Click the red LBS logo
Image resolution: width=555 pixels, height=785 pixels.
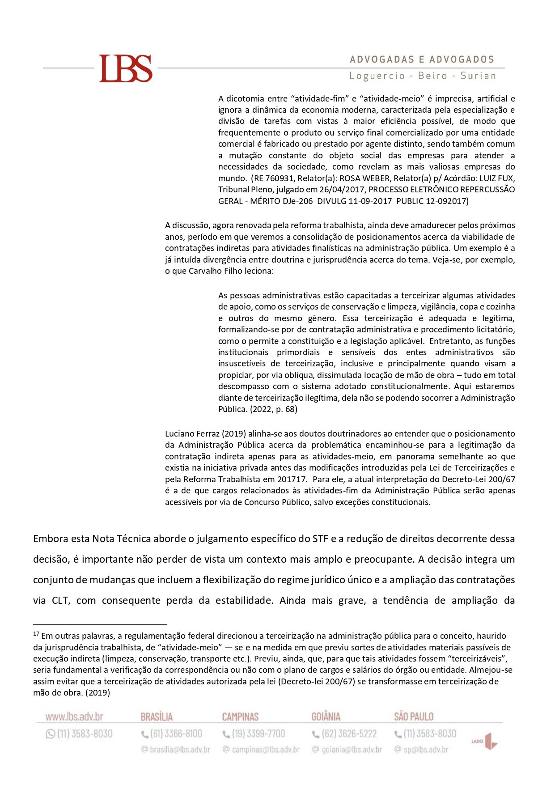tap(126, 68)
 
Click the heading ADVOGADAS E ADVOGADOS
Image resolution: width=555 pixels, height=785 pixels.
tap(422, 59)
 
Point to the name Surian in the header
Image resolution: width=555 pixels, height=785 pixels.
tap(478, 76)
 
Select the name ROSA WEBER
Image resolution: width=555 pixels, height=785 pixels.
tap(364, 178)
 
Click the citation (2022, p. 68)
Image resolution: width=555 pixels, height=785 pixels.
tap(273, 409)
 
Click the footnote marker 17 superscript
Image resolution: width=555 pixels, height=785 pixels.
tap(36, 634)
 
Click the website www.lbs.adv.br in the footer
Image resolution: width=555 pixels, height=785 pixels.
tap(74, 717)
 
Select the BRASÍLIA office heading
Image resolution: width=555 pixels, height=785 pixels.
tap(157, 717)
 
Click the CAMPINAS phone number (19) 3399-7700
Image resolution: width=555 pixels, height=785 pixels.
tap(258, 734)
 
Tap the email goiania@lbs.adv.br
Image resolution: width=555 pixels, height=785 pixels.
tap(352, 750)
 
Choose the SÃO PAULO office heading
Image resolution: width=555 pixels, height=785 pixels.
tap(414, 717)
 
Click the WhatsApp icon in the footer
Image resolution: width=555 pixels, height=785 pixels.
tap(50, 734)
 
